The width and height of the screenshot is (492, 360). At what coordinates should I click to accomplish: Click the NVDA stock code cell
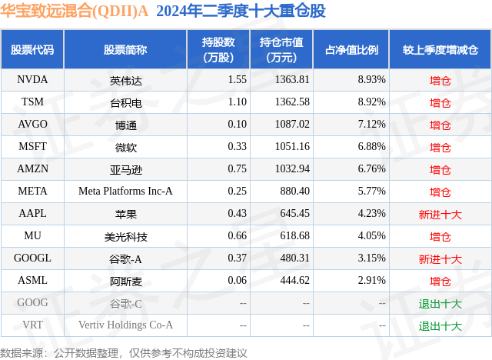[x=32, y=79]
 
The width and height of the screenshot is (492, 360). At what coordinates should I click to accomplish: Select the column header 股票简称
[x=125, y=50]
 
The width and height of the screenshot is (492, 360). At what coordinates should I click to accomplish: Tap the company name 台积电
[x=125, y=102]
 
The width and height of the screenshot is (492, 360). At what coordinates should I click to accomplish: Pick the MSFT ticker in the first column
[x=32, y=146]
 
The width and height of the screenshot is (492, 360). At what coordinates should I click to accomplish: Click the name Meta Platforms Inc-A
[x=125, y=192]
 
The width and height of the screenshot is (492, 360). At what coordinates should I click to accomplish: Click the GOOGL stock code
[x=32, y=258]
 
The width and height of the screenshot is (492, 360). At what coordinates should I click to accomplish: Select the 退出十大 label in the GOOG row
[x=440, y=304]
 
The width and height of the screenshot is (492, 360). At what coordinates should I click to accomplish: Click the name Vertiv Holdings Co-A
[x=125, y=325]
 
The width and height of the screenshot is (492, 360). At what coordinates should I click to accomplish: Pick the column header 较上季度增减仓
[x=440, y=50]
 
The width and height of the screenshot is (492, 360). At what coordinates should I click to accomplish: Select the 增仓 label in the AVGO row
[x=440, y=125]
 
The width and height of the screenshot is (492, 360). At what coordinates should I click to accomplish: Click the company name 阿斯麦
[x=125, y=281]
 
